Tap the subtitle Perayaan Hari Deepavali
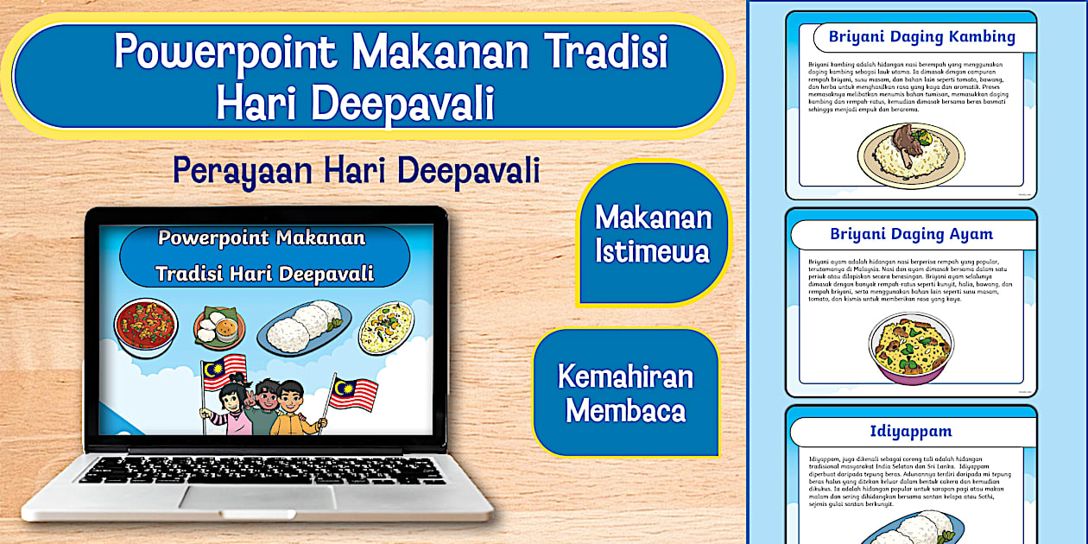pyautogui.click(x=356, y=170)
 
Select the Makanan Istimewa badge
pyautogui.click(x=653, y=233)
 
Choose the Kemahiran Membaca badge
pyautogui.click(x=625, y=394)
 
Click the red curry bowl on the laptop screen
pyautogui.click(x=146, y=326)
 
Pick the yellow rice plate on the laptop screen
pyautogui.click(x=386, y=326)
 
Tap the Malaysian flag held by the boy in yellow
pyautogui.click(x=353, y=393)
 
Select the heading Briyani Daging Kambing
pyautogui.click(x=921, y=37)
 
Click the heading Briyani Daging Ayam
pyautogui.click(x=911, y=234)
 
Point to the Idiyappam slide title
pyautogui.click(x=911, y=431)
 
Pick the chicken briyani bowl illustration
pyautogui.click(x=910, y=347)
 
